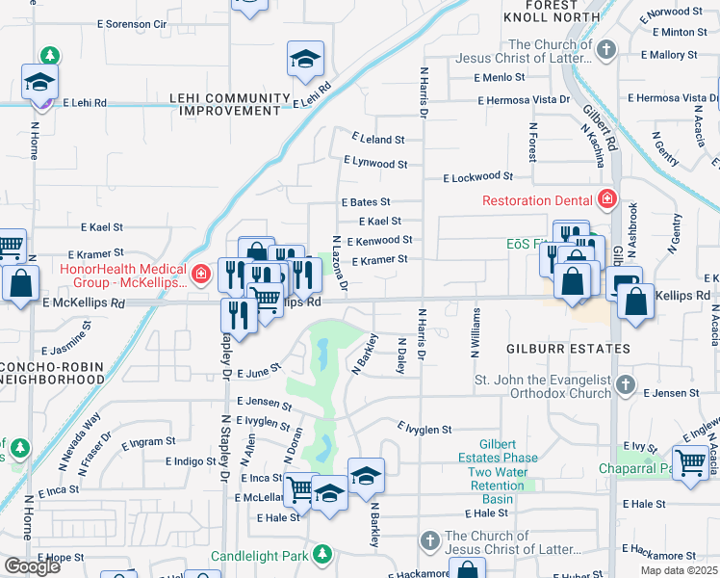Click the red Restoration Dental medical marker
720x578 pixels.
[x=607, y=200]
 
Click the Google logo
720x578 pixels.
[x=32, y=566]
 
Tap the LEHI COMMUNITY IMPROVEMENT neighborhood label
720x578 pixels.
[x=230, y=105]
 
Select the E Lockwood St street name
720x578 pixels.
[x=477, y=177]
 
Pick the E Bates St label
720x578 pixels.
[x=365, y=202]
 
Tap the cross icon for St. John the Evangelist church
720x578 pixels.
[x=625, y=385]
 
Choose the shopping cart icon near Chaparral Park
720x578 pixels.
[x=690, y=462]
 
